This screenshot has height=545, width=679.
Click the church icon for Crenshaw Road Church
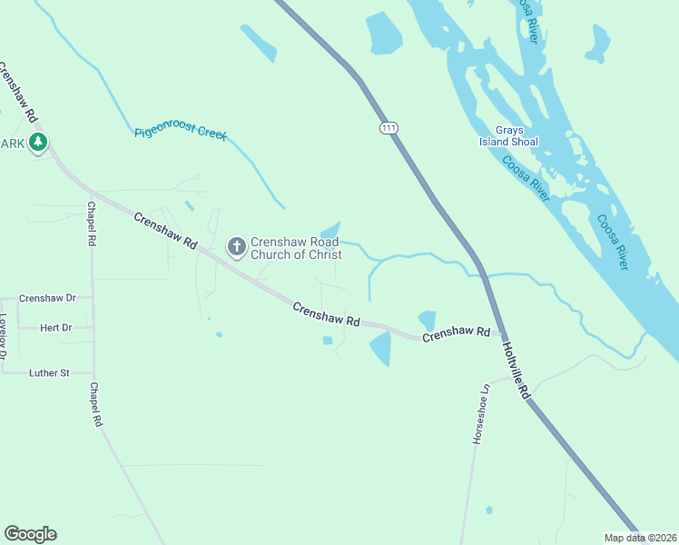coord(236,246)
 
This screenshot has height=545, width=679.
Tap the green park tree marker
coord(37,143)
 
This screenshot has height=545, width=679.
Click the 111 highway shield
coord(389,129)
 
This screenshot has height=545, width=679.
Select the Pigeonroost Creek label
coord(180,133)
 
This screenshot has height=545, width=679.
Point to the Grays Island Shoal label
coord(508,136)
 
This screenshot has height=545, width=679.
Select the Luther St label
coord(49,372)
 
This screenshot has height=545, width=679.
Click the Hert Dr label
coord(56,327)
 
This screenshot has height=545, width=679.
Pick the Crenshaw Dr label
coord(47,298)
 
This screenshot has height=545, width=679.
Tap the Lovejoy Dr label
coord(4,338)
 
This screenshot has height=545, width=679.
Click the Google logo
coord(30,534)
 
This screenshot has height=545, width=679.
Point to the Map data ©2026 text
coord(639,538)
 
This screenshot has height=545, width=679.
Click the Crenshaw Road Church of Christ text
coord(296,248)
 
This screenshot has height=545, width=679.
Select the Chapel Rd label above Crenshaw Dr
coord(91,223)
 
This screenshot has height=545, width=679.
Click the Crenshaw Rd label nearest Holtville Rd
coord(457,334)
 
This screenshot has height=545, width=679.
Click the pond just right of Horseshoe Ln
coord(489,510)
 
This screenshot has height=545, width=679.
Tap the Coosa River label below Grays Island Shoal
coord(526,179)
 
